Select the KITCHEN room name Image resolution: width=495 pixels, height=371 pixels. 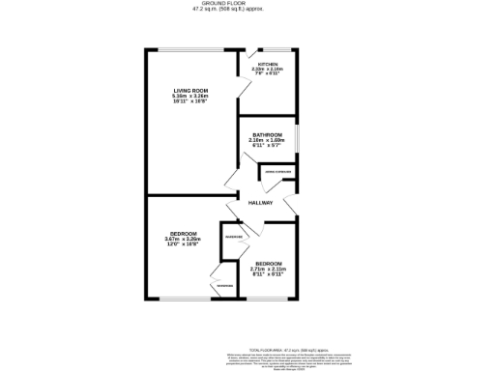coord(268,64)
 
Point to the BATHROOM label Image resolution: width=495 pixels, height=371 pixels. coord(267,134)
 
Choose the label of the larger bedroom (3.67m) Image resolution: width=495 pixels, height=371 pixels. coord(181,234)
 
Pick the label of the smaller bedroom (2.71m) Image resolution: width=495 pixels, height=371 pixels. coord(269,263)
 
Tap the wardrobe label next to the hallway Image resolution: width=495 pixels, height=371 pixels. coord(233,237)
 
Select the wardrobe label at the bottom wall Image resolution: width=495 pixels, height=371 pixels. coord(224,285)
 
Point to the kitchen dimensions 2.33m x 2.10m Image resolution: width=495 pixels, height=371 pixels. coord(268,70)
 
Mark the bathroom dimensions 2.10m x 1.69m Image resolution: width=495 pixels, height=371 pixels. coord(267,141)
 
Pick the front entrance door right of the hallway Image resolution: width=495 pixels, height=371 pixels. coord(291,203)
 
